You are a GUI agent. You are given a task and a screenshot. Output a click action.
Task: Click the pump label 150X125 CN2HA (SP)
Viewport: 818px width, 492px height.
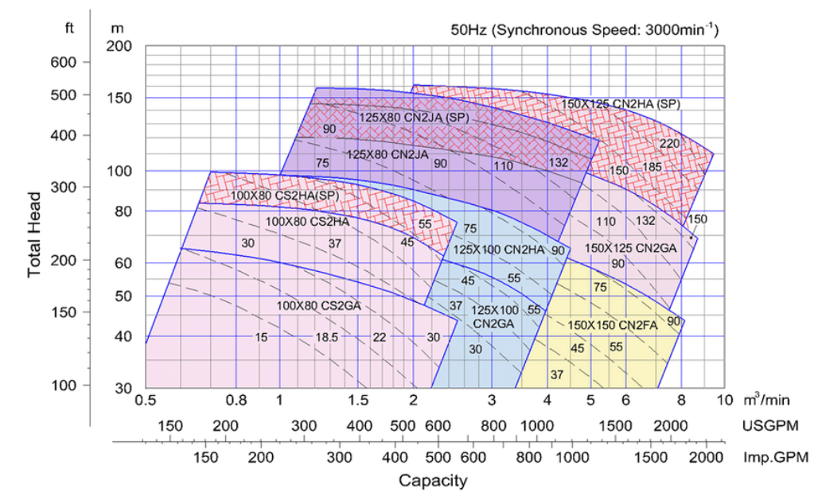(x=621, y=103)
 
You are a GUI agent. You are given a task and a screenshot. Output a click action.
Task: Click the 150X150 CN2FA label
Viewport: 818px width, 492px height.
(x=612, y=324)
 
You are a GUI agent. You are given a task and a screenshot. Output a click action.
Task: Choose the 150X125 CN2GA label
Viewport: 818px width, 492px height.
(x=630, y=248)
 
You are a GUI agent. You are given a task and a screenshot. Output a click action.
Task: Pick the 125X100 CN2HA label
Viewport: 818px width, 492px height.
(x=498, y=250)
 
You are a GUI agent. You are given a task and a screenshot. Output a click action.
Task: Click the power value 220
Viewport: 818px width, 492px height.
(x=670, y=143)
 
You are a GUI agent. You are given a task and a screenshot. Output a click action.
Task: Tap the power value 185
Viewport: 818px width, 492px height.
(x=652, y=167)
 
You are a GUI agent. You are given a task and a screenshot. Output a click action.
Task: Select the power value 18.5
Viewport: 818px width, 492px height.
(x=327, y=337)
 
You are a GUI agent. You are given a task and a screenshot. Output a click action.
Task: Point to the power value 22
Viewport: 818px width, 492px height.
(x=379, y=337)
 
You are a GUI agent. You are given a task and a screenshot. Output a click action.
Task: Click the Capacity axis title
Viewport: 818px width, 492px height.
(x=433, y=480)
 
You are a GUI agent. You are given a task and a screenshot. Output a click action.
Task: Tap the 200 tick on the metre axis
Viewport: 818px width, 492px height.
(x=119, y=46)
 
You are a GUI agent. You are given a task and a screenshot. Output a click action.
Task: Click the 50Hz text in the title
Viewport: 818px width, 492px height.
(x=467, y=30)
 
